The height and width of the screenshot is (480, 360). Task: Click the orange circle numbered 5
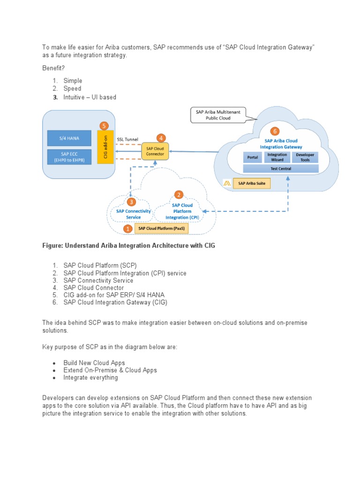104,126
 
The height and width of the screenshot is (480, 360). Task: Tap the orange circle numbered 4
161,138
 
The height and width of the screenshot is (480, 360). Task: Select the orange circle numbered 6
275,132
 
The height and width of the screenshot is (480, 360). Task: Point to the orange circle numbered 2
179,195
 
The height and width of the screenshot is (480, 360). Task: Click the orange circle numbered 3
132,202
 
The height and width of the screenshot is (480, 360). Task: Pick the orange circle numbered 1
127,229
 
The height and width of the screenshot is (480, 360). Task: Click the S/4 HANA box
69,138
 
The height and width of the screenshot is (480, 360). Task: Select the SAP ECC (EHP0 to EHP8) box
69,157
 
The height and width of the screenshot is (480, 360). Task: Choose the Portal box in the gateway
253,157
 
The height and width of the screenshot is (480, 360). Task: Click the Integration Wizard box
277,157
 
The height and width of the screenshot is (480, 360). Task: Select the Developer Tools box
305,157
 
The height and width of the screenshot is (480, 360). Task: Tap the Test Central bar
280,168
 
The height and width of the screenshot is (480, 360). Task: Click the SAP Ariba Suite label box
253,183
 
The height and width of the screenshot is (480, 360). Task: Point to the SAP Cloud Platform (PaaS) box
160,228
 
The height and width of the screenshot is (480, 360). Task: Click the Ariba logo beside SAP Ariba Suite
227,183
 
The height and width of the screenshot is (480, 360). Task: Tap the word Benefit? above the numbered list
54,68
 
